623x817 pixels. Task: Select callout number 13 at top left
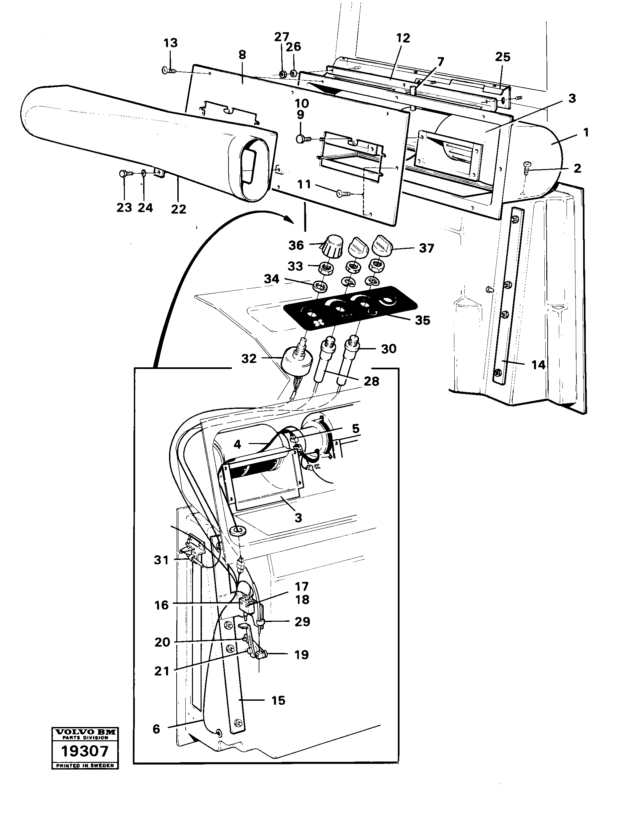point(171,43)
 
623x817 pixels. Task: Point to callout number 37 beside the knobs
point(426,248)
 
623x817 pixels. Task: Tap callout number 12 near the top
point(403,38)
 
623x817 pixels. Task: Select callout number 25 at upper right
point(502,57)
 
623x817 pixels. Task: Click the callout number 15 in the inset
point(278,700)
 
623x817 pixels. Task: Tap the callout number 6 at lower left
point(156,729)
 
